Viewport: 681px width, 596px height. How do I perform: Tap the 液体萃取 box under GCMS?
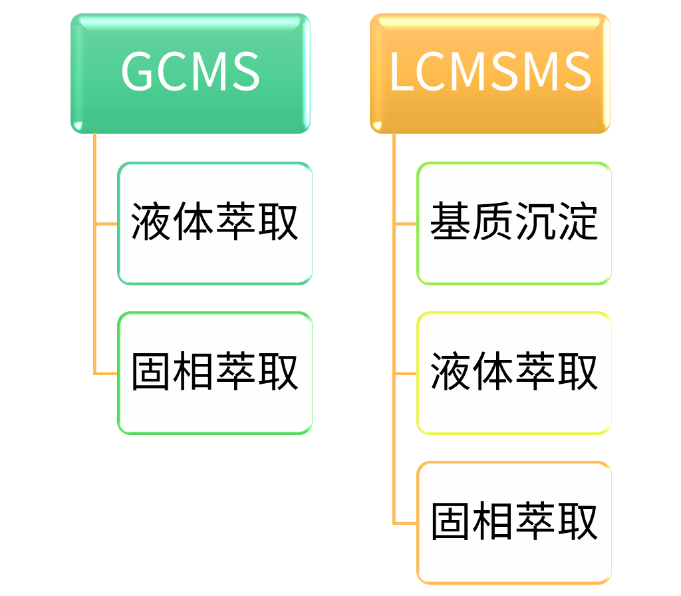pyautogui.click(x=214, y=223)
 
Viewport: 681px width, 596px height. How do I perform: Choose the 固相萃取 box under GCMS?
pyautogui.click(x=214, y=372)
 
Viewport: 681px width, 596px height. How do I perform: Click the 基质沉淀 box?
pyautogui.click(x=513, y=223)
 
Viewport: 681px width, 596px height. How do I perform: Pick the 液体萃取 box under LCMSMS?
pyautogui.click(x=513, y=372)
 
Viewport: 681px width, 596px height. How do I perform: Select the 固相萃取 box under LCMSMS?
pyautogui.click(x=513, y=522)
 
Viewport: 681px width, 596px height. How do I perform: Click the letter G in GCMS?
pyautogui.click(x=138, y=72)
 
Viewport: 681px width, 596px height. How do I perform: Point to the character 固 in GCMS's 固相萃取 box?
pyautogui.click(x=151, y=372)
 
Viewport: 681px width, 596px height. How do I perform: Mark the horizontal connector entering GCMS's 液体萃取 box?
pyautogui.click(x=106, y=223)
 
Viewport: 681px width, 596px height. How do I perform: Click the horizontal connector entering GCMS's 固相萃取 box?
pyautogui.click(x=106, y=373)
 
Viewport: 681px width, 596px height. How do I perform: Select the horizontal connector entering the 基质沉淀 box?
pyautogui.click(x=406, y=223)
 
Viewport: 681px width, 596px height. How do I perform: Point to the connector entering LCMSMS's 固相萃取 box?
pyautogui.click(x=406, y=523)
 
